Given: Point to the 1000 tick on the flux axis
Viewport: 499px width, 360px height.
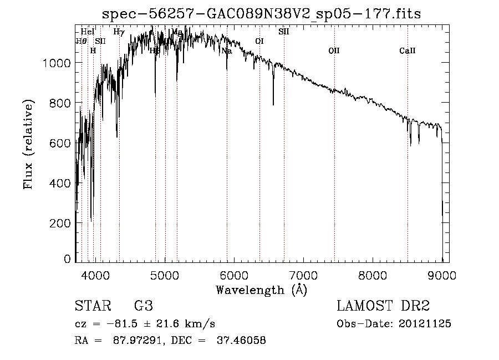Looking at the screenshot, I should coord(58,63).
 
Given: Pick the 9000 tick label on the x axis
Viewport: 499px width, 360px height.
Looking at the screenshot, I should coord(442,274).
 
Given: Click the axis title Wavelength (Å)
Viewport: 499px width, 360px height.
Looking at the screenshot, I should coord(261,290).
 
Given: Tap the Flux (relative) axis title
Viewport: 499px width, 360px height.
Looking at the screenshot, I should coord(28,144).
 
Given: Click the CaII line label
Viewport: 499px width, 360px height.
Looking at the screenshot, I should coord(408,51).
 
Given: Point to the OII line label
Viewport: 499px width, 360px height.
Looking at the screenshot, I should coord(334,51).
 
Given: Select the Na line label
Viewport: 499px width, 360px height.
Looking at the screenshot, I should coord(226,51).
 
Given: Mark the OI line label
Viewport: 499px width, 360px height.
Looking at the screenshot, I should coord(259,41).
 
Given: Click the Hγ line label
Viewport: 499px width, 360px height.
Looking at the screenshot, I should coord(119,32).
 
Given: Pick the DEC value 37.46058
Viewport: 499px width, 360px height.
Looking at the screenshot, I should coord(240,341).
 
